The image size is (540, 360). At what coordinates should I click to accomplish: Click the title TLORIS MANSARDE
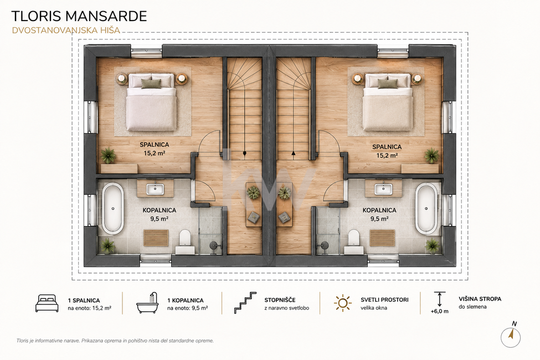(x=79, y=16)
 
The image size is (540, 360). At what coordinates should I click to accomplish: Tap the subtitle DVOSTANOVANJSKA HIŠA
(x=66, y=30)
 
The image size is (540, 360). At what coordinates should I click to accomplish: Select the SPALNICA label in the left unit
(x=155, y=145)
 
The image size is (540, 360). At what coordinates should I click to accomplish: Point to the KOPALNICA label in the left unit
(x=159, y=210)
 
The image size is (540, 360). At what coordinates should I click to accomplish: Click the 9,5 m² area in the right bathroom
(x=379, y=218)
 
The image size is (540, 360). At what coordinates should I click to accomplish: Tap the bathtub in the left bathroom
(x=112, y=208)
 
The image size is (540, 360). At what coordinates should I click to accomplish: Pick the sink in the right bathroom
(x=383, y=189)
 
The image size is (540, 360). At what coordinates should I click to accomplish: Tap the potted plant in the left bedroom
(x=109, y=156)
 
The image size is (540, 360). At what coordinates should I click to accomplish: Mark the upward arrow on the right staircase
(x=294, y=153)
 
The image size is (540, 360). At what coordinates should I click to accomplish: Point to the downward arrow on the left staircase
(x=244, y=153)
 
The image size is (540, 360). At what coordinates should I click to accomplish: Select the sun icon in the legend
(x=343, y=303)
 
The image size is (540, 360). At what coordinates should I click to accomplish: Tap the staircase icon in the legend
(x=245, y=302)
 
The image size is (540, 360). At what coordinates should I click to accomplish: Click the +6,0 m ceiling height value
(x=440, y=311)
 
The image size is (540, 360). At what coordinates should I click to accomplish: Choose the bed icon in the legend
(x=47, y=303)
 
